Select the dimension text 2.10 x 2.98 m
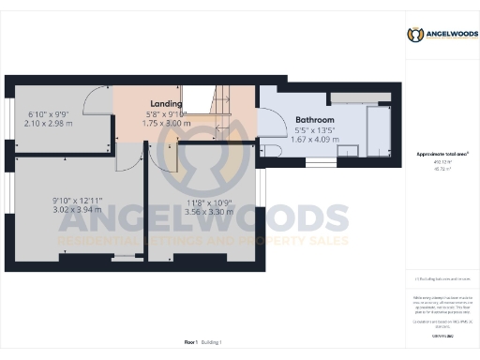point(48,122)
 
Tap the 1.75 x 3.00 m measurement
point(165,122)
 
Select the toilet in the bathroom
point(272,150)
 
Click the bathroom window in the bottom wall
point(321,161)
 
